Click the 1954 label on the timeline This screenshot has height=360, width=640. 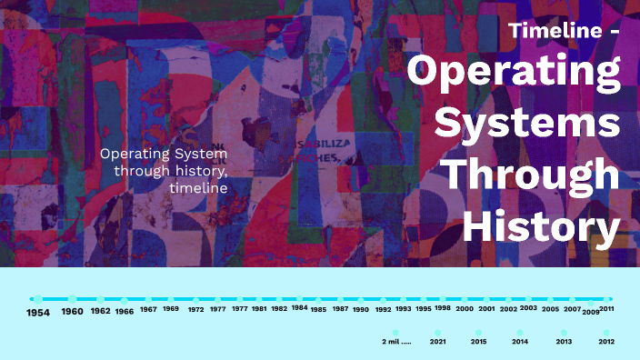[x=37, y=313]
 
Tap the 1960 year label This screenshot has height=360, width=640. [x=73, y=312]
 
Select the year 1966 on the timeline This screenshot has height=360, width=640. [x=125, y=311]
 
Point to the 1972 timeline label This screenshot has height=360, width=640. [x=196, y=309]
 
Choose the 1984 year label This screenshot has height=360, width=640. [x=300, y=307]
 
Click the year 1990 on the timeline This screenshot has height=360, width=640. [x=361, y=309]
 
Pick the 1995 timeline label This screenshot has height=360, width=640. [x=424, y=308]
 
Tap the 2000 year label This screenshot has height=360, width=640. [x=465, y=309]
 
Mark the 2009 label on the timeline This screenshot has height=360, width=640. [x=591, y=312]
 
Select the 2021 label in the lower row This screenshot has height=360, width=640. [x=437, y=342]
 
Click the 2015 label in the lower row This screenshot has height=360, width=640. [x=478, y=342]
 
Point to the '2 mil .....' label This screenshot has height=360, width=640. [x=396, y=342]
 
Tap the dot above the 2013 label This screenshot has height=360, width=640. [x=565, y=333]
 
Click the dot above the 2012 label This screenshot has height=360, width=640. [x=606, y=333]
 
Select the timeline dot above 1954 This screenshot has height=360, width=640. [x=37, y=298]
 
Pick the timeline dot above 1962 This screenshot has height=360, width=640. [x=100, y=298]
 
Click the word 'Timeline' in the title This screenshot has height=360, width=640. [x=554, y=30]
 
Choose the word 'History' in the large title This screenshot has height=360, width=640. [x=543, y=226]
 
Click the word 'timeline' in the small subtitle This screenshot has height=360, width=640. [x=198, y=187]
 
